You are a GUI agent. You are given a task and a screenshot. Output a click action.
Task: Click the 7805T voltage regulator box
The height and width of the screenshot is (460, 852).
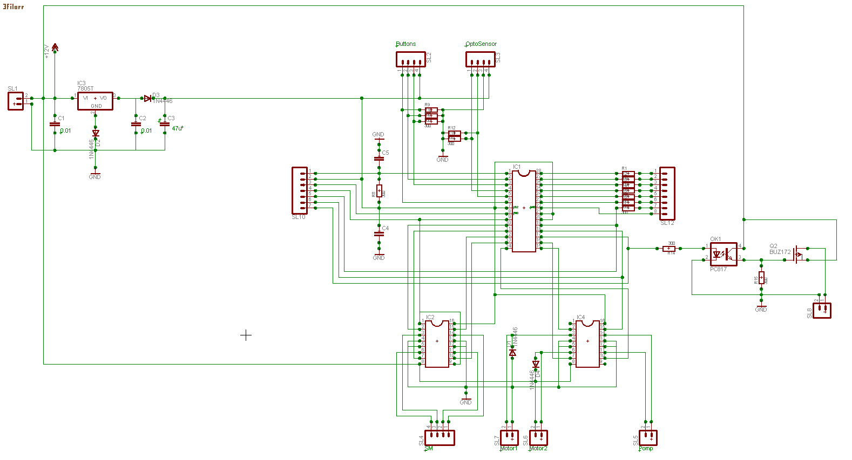coord(95,101)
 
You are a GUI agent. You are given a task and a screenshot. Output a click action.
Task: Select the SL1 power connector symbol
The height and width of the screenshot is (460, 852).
coord(16,101)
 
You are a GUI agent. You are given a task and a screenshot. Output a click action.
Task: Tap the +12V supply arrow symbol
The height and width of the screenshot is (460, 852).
coord(55,48)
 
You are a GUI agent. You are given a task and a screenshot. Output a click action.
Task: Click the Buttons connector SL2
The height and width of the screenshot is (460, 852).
coord(410,59)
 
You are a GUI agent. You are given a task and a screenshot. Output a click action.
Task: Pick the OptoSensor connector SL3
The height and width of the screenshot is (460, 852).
coord(480,59)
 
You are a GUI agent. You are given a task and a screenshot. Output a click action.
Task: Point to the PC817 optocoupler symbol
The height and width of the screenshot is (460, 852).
coord(723,254)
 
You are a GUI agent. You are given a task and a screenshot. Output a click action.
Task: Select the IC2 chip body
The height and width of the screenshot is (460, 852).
coord(437,344)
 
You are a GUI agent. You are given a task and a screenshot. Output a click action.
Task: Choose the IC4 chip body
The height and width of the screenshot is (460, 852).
coord(587,344)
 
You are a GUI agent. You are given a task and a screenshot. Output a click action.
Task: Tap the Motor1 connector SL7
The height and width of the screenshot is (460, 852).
coord(509,437)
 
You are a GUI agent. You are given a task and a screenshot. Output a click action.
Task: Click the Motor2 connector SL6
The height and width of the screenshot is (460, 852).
coord(538,437)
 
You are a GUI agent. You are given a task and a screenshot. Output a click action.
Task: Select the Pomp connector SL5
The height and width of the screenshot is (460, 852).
coord(648,437)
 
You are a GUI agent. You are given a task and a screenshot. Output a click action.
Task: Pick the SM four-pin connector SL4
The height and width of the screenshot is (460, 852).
coord(439,437)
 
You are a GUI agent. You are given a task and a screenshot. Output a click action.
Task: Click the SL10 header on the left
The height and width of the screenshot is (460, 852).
coord(300,190)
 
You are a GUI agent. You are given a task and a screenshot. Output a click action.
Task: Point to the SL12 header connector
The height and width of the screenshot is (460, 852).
coord(667,193)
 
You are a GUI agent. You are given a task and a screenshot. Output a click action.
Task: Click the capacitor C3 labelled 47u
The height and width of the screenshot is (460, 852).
coord(165,124)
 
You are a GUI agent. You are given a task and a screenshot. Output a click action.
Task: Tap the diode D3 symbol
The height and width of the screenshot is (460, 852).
coord(147,98)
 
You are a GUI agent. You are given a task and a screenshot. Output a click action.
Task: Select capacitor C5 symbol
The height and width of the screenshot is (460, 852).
coord(379,159)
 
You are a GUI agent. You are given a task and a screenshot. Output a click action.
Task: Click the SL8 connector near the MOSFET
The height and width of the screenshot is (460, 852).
coord(822,310)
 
